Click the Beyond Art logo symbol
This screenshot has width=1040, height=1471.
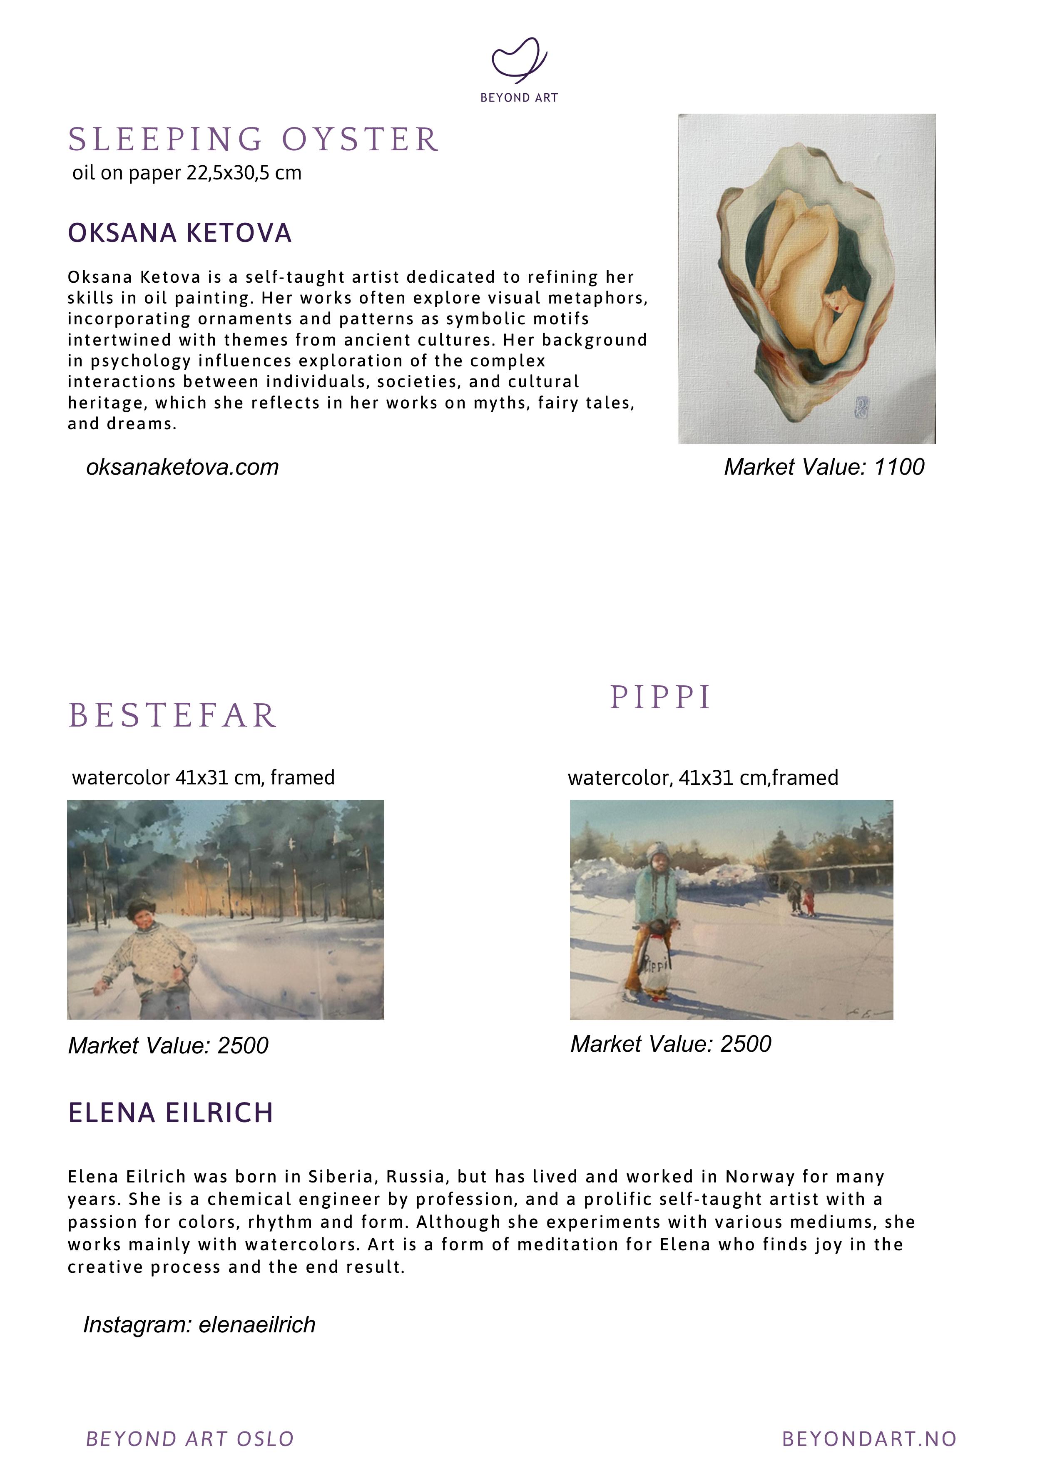click(519, 60)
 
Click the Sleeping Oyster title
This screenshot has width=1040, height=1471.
click(254, 139)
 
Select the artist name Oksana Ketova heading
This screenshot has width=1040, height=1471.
click(180, 233)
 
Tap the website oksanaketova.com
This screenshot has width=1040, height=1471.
click(183, 467)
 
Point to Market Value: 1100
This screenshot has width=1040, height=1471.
click(824, 467)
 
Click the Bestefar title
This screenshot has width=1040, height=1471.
click(173, 716)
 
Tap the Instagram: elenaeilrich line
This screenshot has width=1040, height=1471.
click(199, 1324)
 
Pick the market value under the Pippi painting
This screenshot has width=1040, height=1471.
click(671, 1044)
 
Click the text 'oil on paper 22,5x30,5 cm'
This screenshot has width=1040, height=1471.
click(187, 173)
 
